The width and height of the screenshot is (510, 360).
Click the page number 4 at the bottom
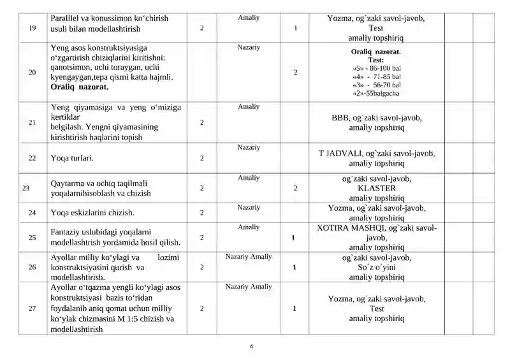[x=251, y=346]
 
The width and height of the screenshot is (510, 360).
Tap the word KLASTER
[x=377, y=188]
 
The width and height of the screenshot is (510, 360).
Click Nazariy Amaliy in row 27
[x=249, y=287]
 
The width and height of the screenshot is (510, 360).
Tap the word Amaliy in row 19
[x=249, y=18]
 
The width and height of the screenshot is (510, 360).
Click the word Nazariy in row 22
[x=249, y=147]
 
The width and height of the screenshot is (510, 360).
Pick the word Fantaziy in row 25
[x=67, y=231]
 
